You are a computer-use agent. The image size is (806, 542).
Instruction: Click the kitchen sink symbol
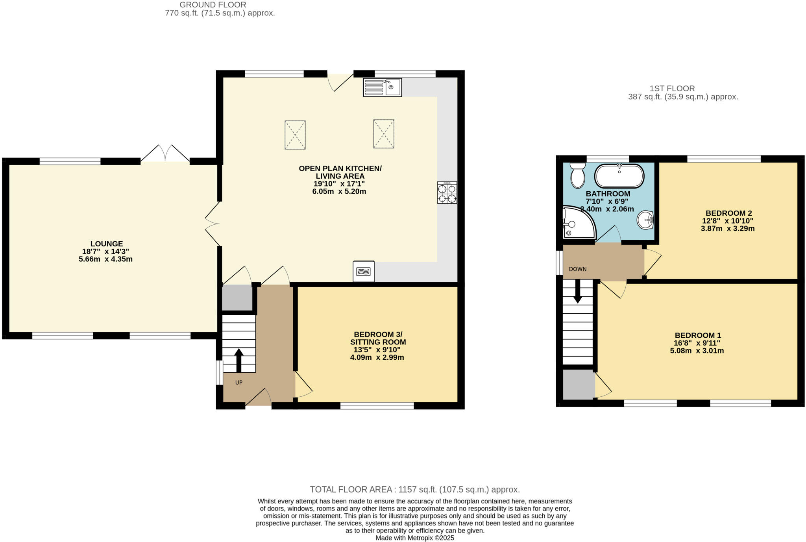[382, 87]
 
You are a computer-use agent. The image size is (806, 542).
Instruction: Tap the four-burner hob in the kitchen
[447, 192]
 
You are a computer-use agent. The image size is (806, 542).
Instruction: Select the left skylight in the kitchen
[295, 135]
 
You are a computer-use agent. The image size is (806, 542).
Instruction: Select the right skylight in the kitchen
[384, 134]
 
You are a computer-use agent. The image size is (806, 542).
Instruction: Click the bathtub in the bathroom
[619, 176]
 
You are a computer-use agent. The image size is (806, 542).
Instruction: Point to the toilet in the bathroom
[578, 176]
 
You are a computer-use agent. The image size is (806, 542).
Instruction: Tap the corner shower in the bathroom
[577, 223]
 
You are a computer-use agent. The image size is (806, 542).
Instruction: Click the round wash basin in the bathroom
[645, 220]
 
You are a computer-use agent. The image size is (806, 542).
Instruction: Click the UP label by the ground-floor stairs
[239, 383]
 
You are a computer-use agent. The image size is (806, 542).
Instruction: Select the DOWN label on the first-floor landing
[578, 269]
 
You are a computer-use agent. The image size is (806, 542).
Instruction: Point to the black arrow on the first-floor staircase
[578, 291]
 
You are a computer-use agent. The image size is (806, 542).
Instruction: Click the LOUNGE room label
[107, 244]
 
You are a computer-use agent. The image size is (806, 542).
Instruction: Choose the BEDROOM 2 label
[728, 213]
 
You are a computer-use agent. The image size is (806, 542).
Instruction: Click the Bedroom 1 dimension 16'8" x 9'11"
[697, 343]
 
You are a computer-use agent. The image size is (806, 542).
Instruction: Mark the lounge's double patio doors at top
[165, 154]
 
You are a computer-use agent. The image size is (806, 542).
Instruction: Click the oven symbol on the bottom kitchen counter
[364, 271]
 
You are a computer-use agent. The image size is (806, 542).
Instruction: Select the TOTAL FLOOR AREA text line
[415, 490]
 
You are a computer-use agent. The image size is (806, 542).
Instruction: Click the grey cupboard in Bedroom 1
[579, 384]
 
